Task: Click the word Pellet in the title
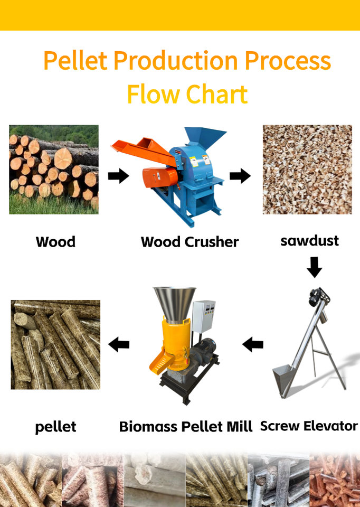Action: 75,60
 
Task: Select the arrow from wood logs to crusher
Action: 118,176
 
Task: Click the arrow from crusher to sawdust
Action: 240,176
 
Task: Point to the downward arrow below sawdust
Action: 315,267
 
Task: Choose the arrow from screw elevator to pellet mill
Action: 253,344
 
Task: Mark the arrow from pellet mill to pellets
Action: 119,344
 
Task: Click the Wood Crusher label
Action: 190,242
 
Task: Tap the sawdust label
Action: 309,241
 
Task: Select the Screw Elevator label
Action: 309,426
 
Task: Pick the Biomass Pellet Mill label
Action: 185,427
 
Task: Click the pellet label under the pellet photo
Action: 55,427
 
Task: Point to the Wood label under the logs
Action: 55,242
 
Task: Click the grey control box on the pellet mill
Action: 204,317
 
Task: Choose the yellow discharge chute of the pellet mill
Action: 160,361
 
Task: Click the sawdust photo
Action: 307,170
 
